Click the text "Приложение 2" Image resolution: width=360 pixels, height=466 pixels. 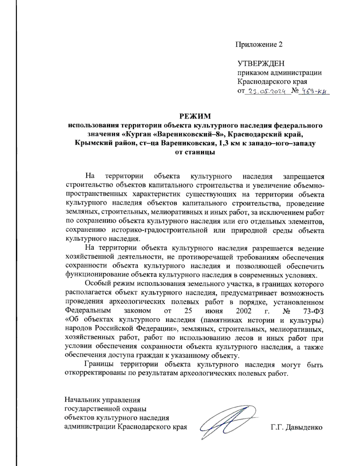pyautogui.click(x=259, y=45)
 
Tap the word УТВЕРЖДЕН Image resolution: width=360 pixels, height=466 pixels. pyautogui.click(x=261, y=64)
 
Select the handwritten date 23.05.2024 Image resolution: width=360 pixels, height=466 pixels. pyautogui.click(x=268, y=92)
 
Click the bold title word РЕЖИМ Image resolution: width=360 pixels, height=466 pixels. pyautogui.click(x=195, y=116)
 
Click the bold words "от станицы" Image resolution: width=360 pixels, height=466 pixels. pyautogui.click(x=195, y=152)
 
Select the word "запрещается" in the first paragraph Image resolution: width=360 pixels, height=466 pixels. pyautogui.click(x=303, y=176)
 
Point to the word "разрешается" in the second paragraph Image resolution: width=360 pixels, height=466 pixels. pyautogui.click(x=272, y=248)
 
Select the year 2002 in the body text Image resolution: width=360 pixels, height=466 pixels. pyautogui.click(x=243, y=311)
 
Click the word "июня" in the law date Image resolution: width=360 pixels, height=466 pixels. pyautogui.click(x=214, y=311)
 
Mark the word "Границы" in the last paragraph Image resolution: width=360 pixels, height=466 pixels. pyautogui.click(x=99, y=365)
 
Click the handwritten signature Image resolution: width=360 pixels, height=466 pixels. pyautogui.click(x=228, y=422)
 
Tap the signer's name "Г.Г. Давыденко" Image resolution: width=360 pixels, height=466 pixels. pyautogui.click(x=296, y=427)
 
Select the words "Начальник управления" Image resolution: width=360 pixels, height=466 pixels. pyautogui.click(x=102, y=400)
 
